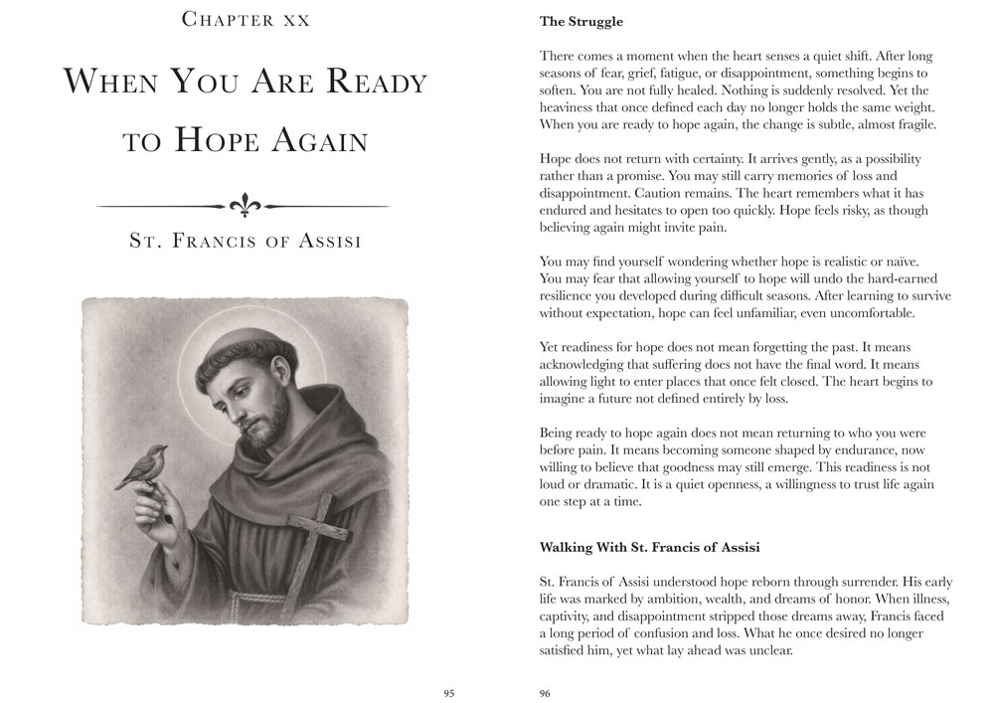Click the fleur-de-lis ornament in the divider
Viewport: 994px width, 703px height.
244,205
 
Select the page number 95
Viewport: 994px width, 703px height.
449,693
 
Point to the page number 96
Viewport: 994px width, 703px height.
545,693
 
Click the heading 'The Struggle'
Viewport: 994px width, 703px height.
581,21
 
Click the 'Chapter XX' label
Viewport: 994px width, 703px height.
245,19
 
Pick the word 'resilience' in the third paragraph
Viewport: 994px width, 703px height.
574,295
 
